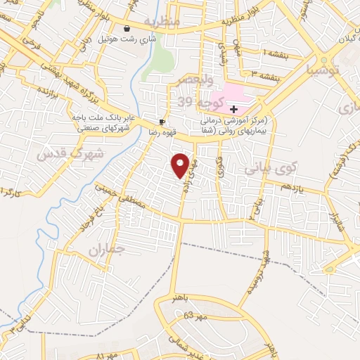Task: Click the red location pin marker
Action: point(181,165)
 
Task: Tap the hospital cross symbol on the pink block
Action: point(233,109)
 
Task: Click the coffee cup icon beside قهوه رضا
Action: point(163,121)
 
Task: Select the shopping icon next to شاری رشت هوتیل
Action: point(127,29)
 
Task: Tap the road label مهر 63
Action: point(196,316)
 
